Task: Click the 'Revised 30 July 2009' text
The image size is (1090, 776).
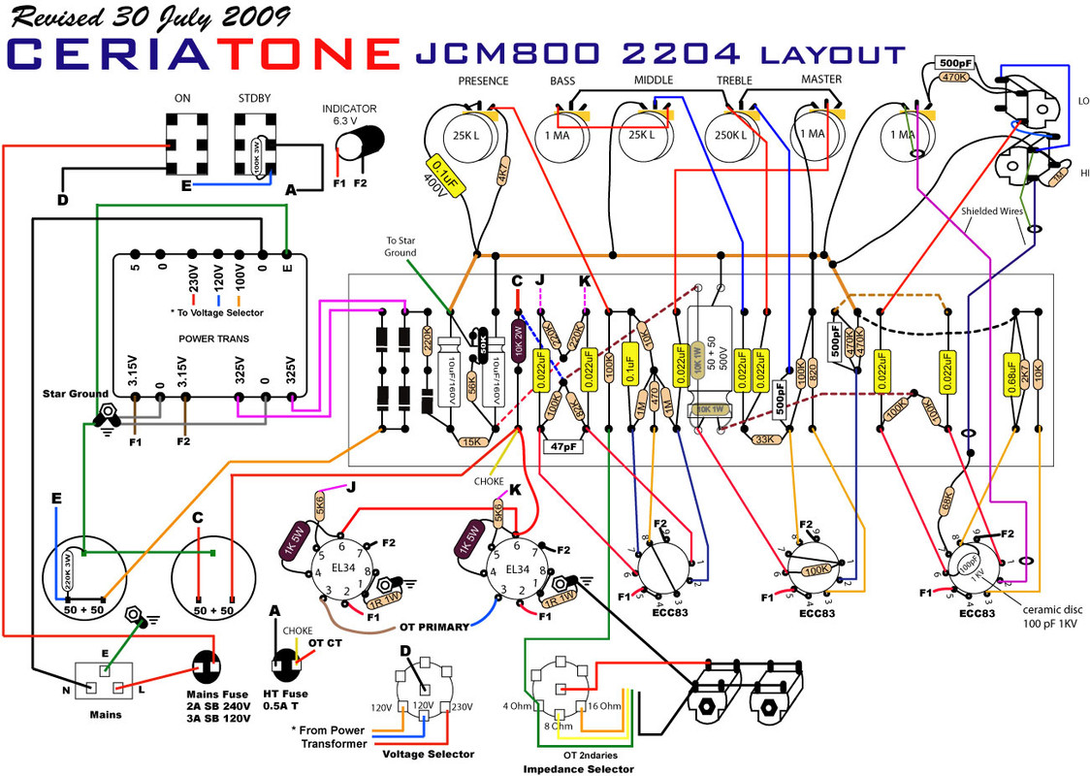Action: coord(151,16)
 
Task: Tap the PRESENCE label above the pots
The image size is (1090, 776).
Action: coord(483,81)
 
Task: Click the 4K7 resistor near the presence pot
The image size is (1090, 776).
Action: coord(502,179)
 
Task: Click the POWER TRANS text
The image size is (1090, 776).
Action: coord(213,339)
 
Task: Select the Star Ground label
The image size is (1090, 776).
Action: coord(74,394)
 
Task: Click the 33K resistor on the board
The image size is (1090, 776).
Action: coord(763,439)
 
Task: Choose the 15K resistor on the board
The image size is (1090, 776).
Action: coord(471,441)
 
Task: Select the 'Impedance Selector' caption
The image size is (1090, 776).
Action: coord(578,768)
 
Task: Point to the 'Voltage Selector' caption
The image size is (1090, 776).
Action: coord(428,754)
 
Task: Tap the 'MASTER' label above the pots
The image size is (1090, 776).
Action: coord(820,79)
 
